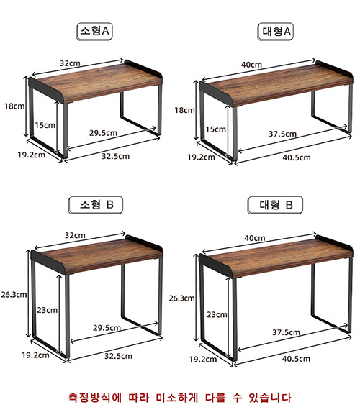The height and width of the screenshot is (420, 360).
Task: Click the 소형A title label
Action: [94, 32]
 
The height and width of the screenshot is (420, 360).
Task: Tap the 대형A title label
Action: [275, 32]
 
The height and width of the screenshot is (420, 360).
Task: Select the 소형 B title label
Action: [96, 205]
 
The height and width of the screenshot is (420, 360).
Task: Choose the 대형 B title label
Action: [275, 205]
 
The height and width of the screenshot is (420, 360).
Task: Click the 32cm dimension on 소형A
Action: [70, 63]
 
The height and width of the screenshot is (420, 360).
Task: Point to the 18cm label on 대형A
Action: [184, 110]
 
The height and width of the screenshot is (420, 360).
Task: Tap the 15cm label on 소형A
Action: [45, 125]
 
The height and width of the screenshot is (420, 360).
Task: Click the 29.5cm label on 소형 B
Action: [107, 328]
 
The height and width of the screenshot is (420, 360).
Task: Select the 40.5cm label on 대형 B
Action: [296, 359]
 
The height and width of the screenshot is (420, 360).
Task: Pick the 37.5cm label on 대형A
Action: [282, 134]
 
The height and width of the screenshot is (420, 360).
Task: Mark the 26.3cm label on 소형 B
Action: [14, 295]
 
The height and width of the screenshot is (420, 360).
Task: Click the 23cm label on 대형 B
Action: [217, 314]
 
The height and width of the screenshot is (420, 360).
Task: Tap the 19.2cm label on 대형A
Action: [201, 157]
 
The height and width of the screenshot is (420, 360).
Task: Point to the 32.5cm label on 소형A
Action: [116, 156]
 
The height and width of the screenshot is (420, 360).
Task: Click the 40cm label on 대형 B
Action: [255, 238]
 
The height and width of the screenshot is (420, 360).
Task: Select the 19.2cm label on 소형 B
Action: [35, 355]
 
